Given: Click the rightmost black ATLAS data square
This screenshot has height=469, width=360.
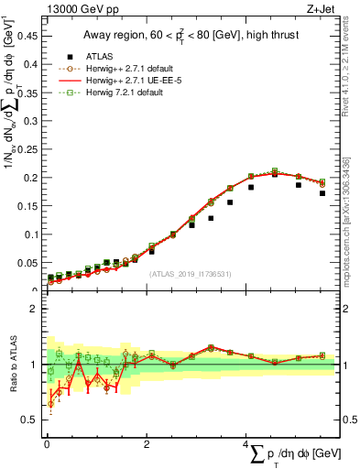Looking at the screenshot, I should click(322, 193).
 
